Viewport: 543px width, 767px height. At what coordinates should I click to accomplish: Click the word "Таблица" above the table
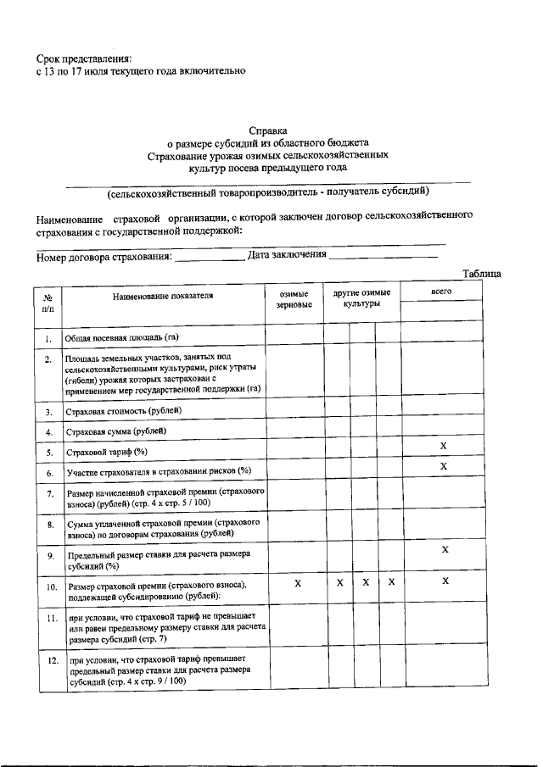tap(482, 273)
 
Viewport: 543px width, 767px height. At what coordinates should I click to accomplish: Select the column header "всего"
tap(440, 291)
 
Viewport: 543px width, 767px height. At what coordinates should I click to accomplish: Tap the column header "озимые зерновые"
tap(294, 300)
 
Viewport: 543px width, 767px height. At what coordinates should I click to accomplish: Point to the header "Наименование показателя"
tap(163, 296)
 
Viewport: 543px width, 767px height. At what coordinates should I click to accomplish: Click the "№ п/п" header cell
tap(48, 303)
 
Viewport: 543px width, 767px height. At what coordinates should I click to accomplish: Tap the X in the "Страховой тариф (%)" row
tap(444, 447)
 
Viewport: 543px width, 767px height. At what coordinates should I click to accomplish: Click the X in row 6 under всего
tap(444, 467)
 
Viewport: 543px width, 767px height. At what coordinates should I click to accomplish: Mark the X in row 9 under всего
tap(445, 550)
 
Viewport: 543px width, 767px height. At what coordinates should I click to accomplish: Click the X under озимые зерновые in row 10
tap(297, 583)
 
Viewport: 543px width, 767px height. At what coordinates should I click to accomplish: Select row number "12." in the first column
tap(50, 660)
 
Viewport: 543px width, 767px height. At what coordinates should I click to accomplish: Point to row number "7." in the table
tap(50, 494)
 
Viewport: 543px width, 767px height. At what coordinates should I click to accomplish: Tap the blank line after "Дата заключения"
tap(383, 256)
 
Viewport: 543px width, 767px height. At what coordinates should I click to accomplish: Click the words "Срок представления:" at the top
tap(84, 58)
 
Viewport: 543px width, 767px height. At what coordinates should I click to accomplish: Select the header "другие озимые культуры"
tap(361, 297)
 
